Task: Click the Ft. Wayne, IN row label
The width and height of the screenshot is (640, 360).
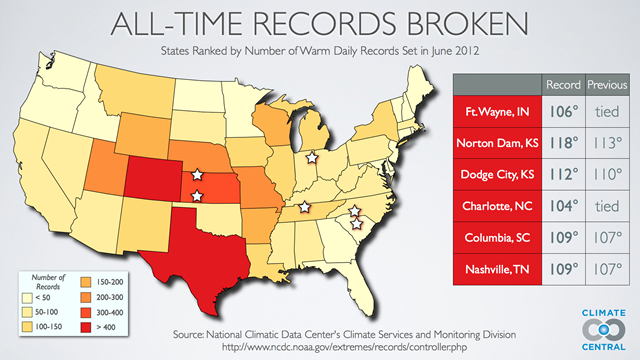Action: (498, 110)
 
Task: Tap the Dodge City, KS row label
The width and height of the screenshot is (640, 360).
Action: (498, 174)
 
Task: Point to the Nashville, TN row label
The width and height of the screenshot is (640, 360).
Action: (498, 270)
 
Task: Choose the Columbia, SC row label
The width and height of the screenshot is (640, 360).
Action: (498, 238)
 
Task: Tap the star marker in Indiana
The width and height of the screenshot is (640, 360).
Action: (311, 157)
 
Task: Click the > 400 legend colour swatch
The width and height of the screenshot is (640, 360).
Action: (86, 327)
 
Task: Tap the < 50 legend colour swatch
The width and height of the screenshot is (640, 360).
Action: (30, 297)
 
